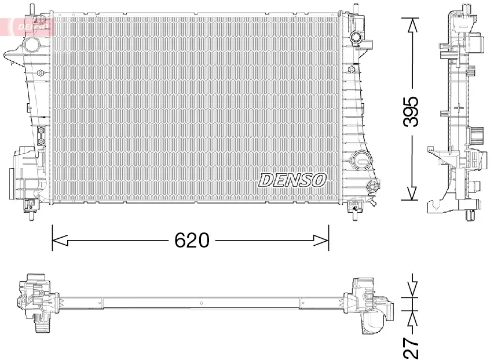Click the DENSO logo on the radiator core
click(292, 180)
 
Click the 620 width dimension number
click(192, 239)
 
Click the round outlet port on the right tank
click(361, 159)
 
